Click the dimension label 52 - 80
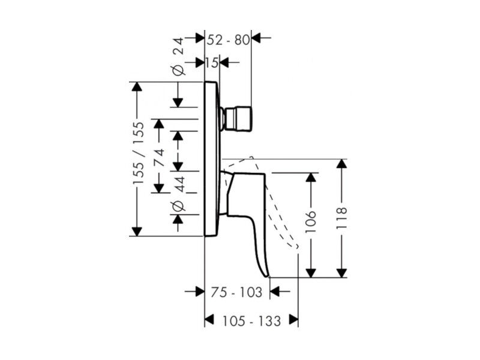pos(228,40)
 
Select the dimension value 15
pos(212,63)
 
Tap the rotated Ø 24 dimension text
pos(178,56)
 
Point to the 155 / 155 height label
pos(138,153)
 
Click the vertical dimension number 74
pos(159,157)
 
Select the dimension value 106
pos(311,221)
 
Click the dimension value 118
pos(341,218)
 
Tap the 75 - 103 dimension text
pos(236,292)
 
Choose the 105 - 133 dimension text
pos(251,321)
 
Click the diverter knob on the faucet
pos(238,119)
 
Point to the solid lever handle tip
pos(268,276)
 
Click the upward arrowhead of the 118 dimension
pos(341,164)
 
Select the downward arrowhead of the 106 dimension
pos(311,273)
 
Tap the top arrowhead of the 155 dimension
pos(137,86)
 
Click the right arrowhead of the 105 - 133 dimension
pos(293,320)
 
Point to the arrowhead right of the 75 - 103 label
pos(275,291)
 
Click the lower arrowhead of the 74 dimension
pos(158,188)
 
